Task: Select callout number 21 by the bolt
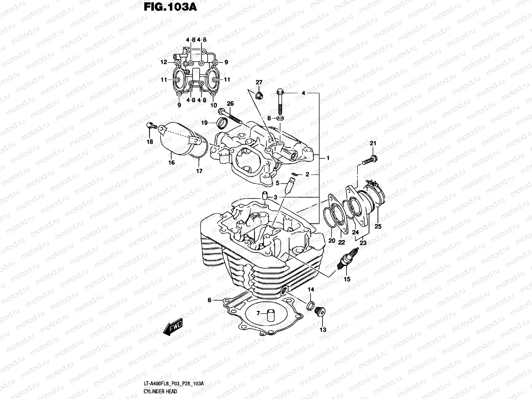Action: tap(373, 143)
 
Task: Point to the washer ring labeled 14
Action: tap(310, 305)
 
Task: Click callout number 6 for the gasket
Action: tap(209, 300)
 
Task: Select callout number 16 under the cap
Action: tap(172, 163)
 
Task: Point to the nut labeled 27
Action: tap(259, 95)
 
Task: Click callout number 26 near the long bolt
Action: tap(230, 103)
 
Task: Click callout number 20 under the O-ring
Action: tap(332, 241)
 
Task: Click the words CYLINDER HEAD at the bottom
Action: tap(160, 391)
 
